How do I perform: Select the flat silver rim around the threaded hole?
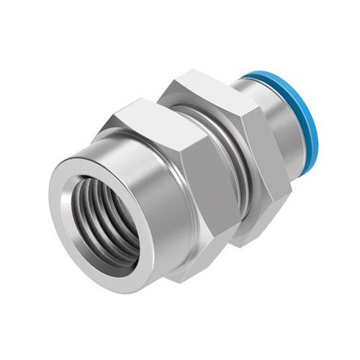60,238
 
